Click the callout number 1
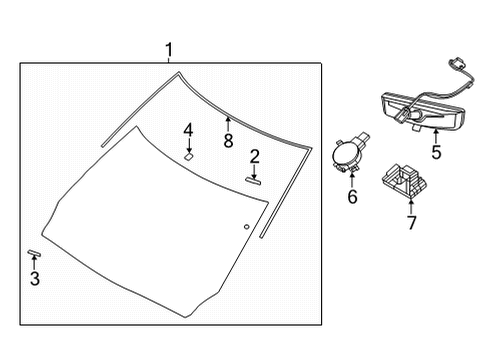pyautogui.click(x=170, y=49)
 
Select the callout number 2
pyautogui.click(x=255, y=155)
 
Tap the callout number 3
pyautogui.click(x=35, y=279)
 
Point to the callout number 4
pyautogui.click(x=187, y=130)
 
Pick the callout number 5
pyautogui.click(x=435, y=153)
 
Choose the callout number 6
pyautogui.click(x=352, y=197)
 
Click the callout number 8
pyautogui.click(x=228, y=141)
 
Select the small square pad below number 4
pyautogui.click(x=188, y=155)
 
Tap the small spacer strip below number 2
pyautogui.click(x=253, y=179)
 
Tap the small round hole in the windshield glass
pyautogui.click(x=246, y=227)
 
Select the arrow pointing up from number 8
pyautogui.click(x=228, y=123)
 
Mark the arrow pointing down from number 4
pyautogui.click(x=188, y=144)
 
